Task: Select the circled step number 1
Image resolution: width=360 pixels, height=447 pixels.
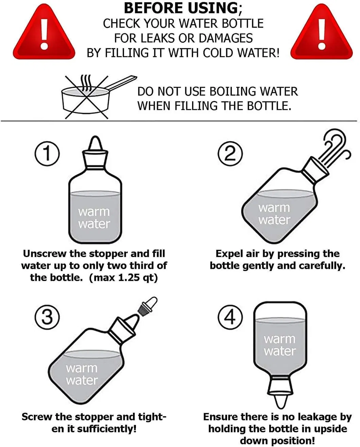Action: point(47,154)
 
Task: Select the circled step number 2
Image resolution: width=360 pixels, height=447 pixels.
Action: point(230,154)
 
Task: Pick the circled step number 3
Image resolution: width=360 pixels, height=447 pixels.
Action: point(47,317)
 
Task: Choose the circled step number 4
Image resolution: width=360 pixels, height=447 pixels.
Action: point(230,317)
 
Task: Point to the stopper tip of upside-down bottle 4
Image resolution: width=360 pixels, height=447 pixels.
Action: point(280,401)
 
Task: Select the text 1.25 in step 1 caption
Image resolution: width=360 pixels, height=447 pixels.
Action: point(129,277)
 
